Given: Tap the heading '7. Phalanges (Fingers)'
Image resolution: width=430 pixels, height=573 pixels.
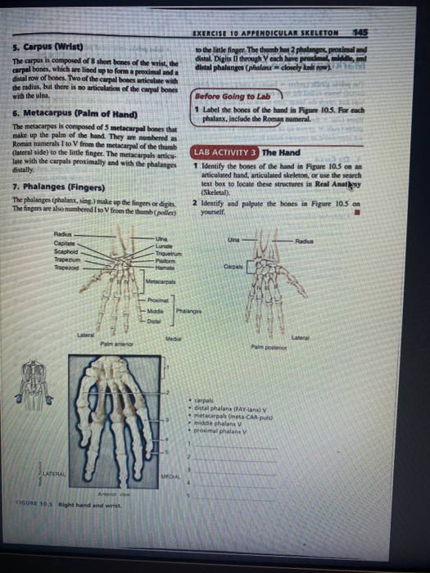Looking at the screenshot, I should tap(60, 187).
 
